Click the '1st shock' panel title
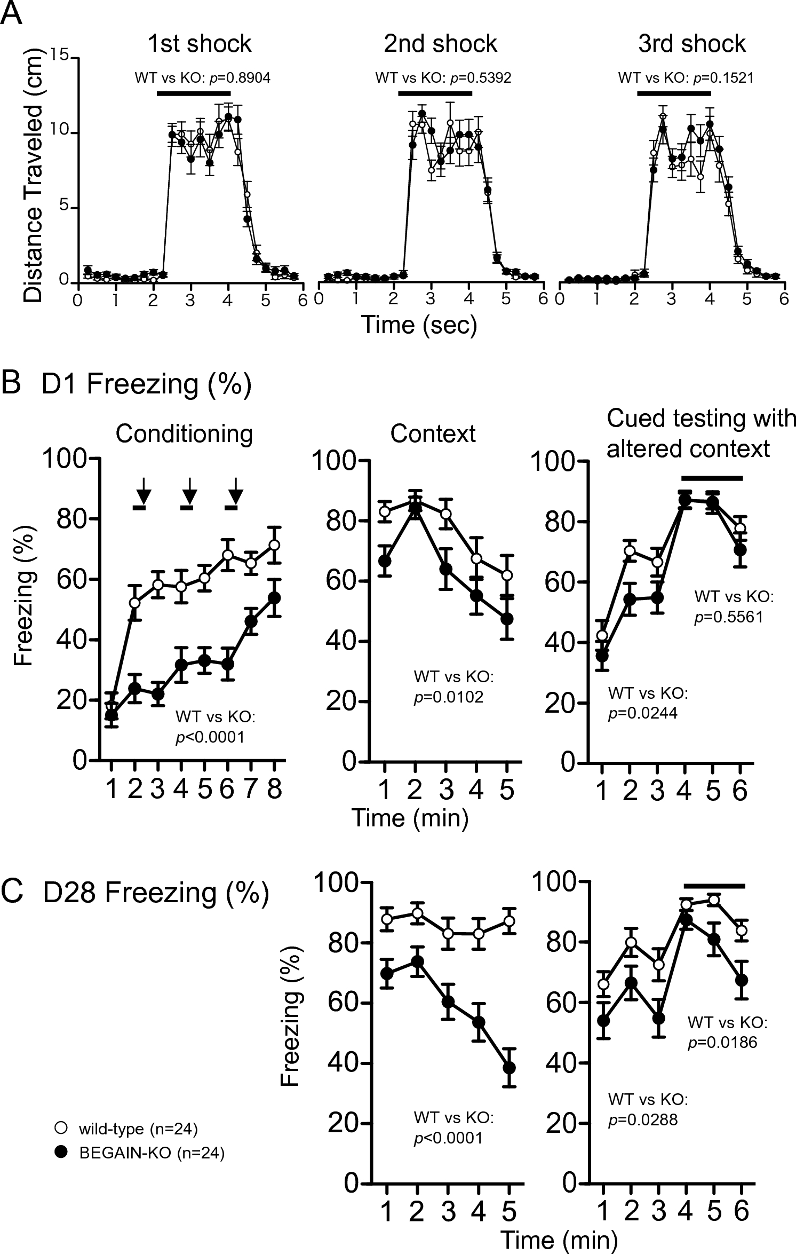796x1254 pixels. [200, 44]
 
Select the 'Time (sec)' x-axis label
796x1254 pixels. [419, 325]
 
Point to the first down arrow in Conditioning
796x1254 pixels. [142, 490]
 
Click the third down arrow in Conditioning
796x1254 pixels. [235, 490]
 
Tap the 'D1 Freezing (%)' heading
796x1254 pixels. [146, 384]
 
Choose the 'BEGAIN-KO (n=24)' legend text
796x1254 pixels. [152, 1153]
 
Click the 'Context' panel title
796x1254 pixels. [433, 434]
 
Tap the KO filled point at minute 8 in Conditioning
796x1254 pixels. [274, 597]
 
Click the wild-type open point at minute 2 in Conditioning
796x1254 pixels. [136, 602]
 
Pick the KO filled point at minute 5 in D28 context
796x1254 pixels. [509, 1067]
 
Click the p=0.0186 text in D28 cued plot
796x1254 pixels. [722, 1042]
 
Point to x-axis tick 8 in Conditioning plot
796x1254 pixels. [274, 790]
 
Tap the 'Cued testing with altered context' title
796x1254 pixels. [701, 434]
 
